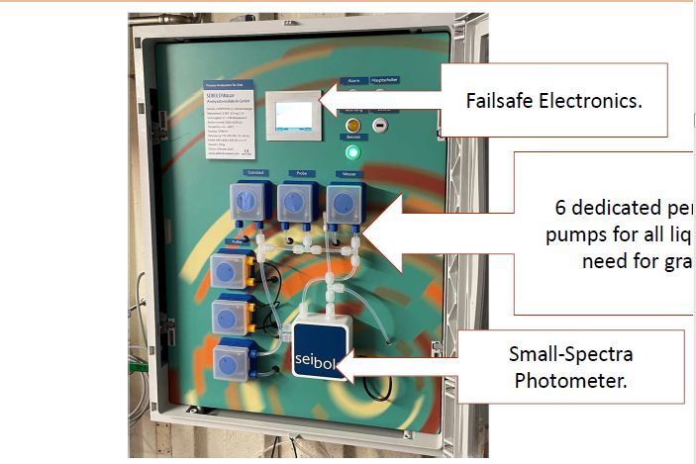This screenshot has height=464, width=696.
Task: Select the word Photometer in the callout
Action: pyautogui.click(x=570, y=379)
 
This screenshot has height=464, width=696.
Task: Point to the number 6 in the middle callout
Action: pyautogui.click(x=560, y=210)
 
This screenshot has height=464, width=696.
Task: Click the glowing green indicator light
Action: pyautogui.click(x=351, y=152)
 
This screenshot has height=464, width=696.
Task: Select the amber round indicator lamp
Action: pyautogui.click(x=351, y=127)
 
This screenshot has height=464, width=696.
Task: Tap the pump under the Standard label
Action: pyautogui.click(x=248, y=203)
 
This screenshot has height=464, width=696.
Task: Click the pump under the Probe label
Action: pyautogui.click(x=297, y=203)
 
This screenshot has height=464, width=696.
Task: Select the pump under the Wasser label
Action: pyautogui.click(x=344, y=204)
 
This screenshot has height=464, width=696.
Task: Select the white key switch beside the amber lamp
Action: pyautogui.click(x=379, y=127)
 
